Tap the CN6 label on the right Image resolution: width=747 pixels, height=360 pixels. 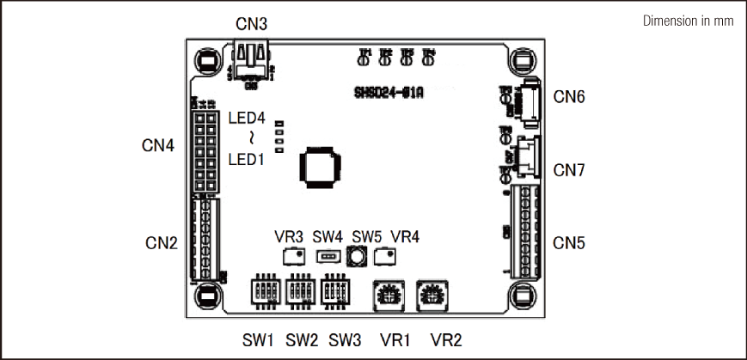click(569, 97)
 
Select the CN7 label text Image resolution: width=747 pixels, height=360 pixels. click(569, 170)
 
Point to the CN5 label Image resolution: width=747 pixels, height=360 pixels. click(569, 244)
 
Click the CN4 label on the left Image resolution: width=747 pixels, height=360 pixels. click(158, 146)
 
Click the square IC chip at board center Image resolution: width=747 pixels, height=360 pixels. click(320, 165)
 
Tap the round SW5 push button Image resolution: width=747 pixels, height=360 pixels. click(358, 255)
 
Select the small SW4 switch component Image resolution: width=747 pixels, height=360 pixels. click(327, 256)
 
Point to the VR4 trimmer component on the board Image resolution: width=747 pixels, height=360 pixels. click(386, 255)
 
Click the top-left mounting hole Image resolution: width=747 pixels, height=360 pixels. click(206, 62)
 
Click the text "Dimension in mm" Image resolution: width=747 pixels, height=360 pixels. click(688, 21)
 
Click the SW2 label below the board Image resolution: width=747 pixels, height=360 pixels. click(302, 338)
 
